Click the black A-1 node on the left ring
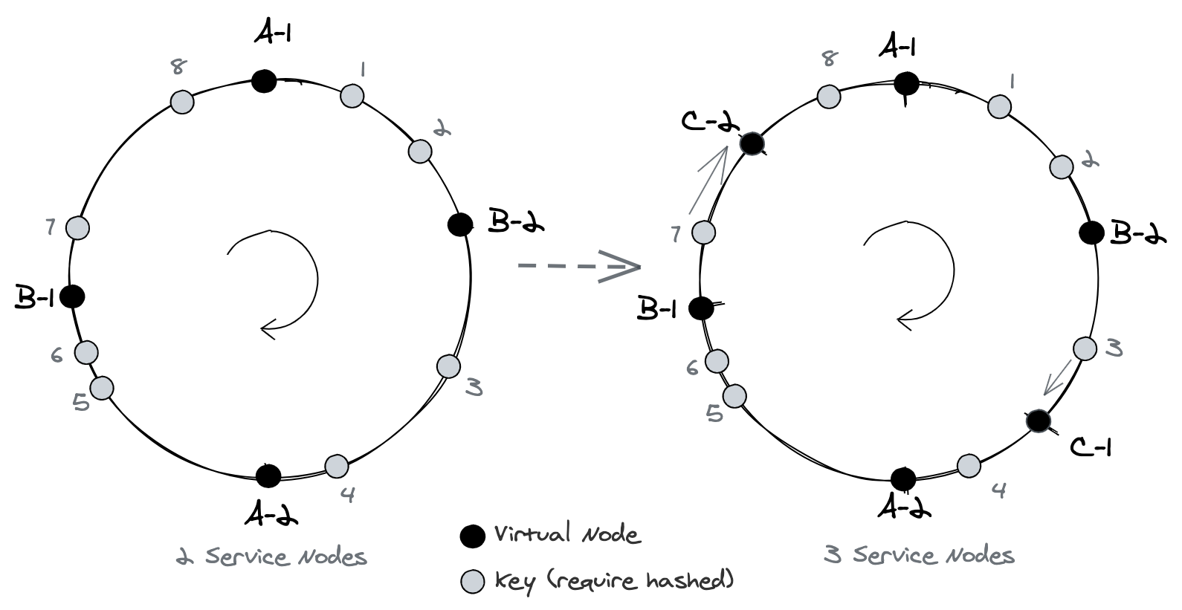click(264, 80)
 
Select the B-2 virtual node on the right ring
click(1091, 233)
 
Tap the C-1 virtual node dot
click(1037, 421)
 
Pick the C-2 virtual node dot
click(752, 143)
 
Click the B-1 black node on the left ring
click(72, 296)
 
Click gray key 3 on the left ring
click(448, 366)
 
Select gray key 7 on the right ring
click(703, 232)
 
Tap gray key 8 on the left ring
click(182, 102)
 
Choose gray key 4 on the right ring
click(969, 466)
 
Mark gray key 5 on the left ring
click(102, 388)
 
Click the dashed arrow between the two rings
click(578, 267)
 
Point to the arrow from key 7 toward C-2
click(709, 178)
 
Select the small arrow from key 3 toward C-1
click(1059, 377)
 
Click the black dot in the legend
click(472, 536)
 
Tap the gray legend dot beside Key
click(473, 582)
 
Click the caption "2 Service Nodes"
click(271, 557)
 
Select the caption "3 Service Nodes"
click(920, 555)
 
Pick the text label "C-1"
click(1090, 446)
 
